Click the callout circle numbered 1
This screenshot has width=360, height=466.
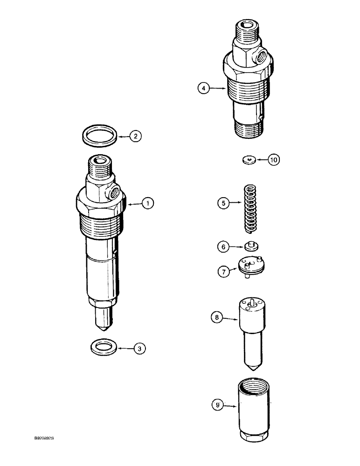pyautogui.click(x=148, y=203)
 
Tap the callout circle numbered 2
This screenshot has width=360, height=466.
pyautogui.click(x=135, y=137)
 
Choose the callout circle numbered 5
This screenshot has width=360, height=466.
pyautogui.click(x=223, y=203)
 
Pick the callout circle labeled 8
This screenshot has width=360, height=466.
pyautogui.click(x=217, y=318)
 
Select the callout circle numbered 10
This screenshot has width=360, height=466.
pyautogui.click(x=274, y=160)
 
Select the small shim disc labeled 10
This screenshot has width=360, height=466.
pyautogui.click(x=250, y=160)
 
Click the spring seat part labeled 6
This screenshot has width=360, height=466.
pyautogui.click(x=251, y=246)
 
